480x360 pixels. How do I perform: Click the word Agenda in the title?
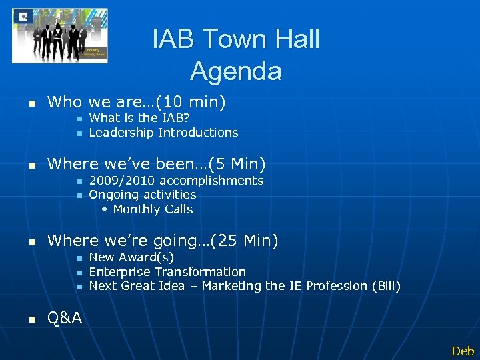[x=236, y=70]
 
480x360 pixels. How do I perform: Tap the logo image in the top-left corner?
[x=60, y=35]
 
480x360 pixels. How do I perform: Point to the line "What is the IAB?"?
[x=139, y=118]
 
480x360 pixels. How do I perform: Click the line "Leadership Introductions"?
[x=163, y=132]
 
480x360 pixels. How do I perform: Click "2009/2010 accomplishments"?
[x=176, y=181]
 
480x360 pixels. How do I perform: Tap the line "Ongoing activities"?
[x=143, y=195]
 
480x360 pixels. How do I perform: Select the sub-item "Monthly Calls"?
[x=153, y=209]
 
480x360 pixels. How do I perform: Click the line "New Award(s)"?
[x=131, y=257]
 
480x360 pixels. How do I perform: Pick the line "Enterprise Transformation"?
[x=167, y=271]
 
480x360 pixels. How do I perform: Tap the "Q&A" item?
[x=65, y=319]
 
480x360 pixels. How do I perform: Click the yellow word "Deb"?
[x=463, y=351]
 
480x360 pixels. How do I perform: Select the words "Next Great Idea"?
[x=137, y=286]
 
